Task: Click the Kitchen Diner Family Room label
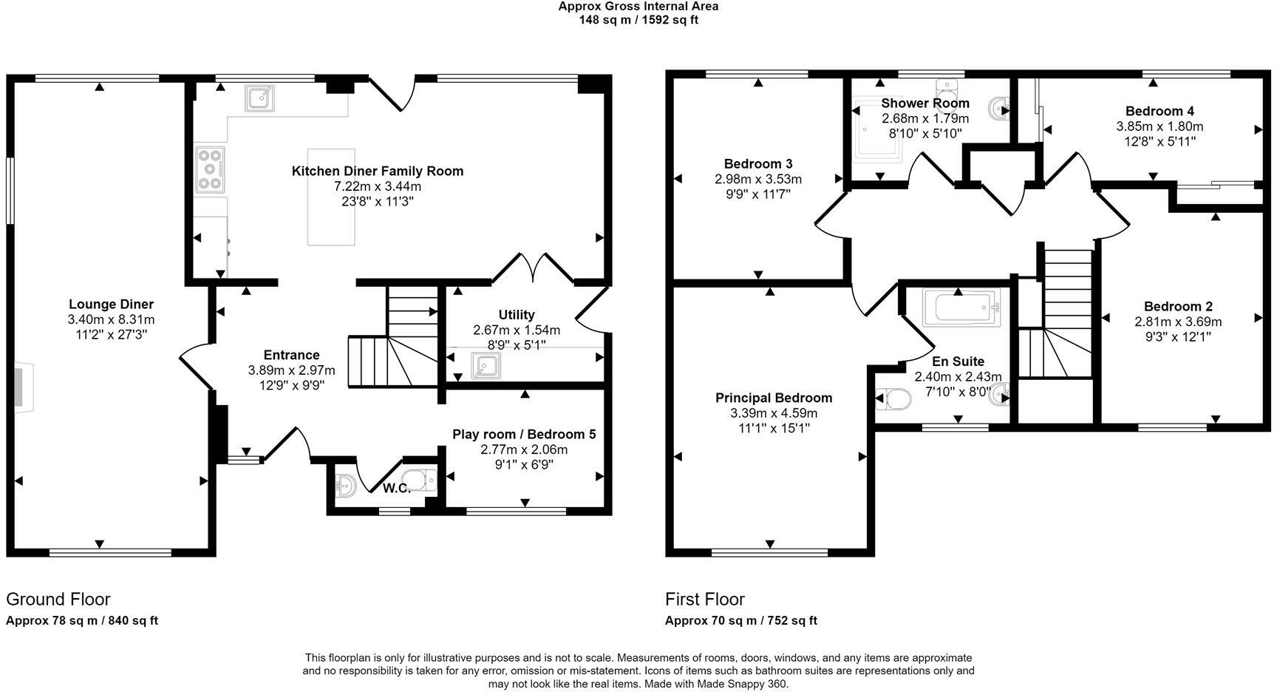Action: pyautogui.click(x=378, y=171)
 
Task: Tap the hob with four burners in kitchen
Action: pyautogui.click(x=211, y=170)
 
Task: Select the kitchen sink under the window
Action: pyautogui.click(x=259, y=98)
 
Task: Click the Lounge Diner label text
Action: pyautogui.click(x=111, y=304)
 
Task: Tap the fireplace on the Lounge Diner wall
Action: pyautogui.click(x=22, y=387)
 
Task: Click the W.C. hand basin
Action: pyautogui.click(x=345, y=486)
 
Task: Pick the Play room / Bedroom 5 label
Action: pyautogui.click(x=524, y=434)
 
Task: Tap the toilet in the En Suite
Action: pyautogui.click(x=892, y=400)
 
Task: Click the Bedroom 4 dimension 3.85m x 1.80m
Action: pyautogui.click(x=1159, y=126)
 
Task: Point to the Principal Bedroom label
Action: pyautogui.click(x=774, y=398)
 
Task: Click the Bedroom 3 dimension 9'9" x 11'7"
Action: pyautogui.click(x=758, y=194)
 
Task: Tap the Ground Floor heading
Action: pyautogui.click(x=58, y=599)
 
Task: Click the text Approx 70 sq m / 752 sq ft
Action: pyautogui.click(x=741, y=621)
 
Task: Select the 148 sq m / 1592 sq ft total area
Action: pyautogui.click(x=638, y=20)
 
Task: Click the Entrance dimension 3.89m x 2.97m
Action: pyautogui.click(x=291, y=370)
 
